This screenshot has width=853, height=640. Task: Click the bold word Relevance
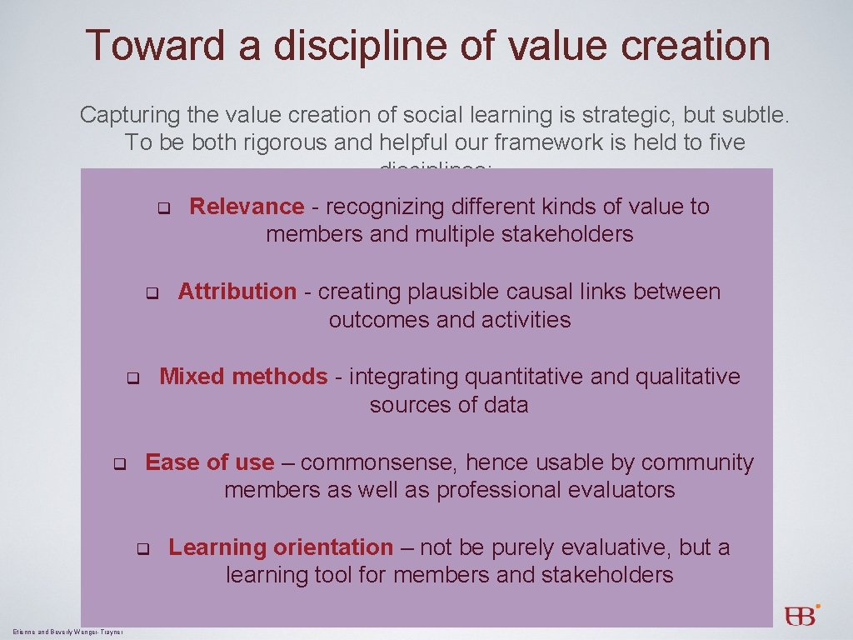click(x=247, y=207)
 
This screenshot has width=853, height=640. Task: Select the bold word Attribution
click(x=237, y=292)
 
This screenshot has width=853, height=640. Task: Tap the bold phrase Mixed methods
click(x=243, y=377)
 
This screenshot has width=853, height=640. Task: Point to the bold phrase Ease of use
click(x=209, y=462)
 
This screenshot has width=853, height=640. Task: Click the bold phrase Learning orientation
click(x=281, y=547)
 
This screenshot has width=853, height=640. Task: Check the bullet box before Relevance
click(x=164, y=207)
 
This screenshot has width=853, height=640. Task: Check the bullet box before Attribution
click(x=152, y=292)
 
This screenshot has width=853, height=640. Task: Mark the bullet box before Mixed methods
click(x=132, y=377)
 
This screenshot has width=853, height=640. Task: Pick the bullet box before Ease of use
click(x=119, y=463)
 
